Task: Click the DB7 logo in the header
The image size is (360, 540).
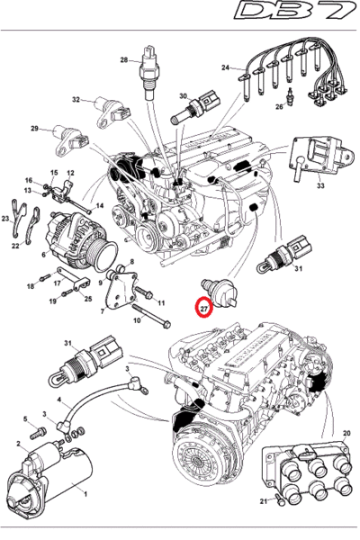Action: (x=295, y=11)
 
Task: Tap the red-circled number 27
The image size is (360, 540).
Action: (x=204, y=308)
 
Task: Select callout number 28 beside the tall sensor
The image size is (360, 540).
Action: (x=124, y=60)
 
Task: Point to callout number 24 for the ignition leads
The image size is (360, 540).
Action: (x=225, y=67)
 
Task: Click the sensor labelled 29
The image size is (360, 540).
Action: (x=71, y=140)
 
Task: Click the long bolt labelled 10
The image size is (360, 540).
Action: (x=151, y=316)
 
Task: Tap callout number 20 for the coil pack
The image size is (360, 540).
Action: (x=346, y=433)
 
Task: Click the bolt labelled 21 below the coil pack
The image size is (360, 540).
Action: (x=279, y=499)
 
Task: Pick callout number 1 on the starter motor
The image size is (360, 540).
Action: (x=85, y=494)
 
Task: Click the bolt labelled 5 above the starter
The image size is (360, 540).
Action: (x=39, y=432)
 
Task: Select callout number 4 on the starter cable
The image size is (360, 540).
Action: (x=59, y=400)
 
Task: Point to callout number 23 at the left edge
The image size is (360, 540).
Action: (x=5, y=219)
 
